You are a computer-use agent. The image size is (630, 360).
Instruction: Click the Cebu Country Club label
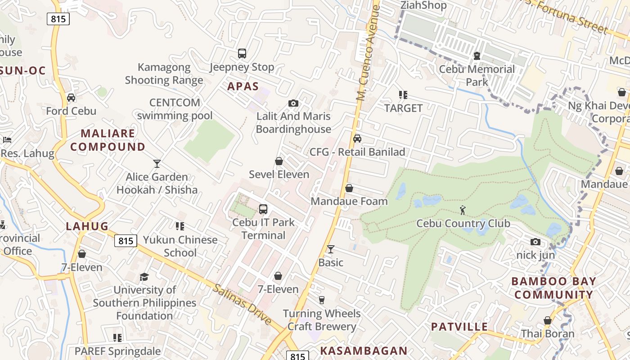point(463,224)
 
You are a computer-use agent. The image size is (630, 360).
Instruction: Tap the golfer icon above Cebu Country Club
point(463,210)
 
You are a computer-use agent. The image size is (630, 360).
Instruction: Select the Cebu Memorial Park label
point(477,76)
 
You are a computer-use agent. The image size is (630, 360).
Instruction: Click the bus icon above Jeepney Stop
point(242,54)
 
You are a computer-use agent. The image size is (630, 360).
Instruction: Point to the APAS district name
point(243,86)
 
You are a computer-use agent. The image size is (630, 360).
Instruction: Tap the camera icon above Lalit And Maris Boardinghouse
point(293,103)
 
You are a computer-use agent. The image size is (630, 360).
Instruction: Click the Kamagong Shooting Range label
point(164,74)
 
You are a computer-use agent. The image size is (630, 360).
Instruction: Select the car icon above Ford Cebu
point(71,98)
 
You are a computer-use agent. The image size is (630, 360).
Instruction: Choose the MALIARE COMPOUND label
point(108,140)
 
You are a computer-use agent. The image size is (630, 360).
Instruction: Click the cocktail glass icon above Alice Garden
point(157,163)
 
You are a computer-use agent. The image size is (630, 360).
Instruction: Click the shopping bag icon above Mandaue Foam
point(349,188)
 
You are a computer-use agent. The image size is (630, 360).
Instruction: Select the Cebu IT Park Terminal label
point(263,229)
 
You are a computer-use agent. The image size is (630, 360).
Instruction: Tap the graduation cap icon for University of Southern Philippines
point(144,276)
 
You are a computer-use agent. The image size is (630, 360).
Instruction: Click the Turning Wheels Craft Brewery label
point(322,320)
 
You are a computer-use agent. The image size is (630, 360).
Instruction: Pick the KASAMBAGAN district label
point(364,351)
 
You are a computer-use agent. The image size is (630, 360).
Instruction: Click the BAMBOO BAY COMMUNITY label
point(554,288)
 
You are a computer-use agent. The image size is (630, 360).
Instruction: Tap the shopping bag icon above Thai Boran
point(548,320)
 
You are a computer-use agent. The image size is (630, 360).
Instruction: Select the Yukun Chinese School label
point(180,246)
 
